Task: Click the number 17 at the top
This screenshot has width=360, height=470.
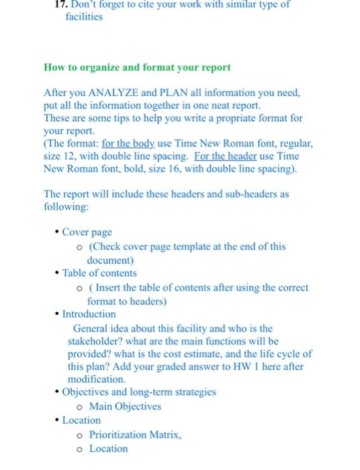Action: coord(61,5)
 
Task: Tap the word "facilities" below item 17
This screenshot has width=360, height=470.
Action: coord(84,16)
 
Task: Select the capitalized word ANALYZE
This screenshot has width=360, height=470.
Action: coord(111,93)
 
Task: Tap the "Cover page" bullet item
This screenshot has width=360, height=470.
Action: coord(87,232)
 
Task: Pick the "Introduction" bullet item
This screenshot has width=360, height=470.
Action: coord(89,314)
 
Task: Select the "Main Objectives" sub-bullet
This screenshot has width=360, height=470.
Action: coord(125,406)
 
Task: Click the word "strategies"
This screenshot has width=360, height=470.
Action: coord(192,392)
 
